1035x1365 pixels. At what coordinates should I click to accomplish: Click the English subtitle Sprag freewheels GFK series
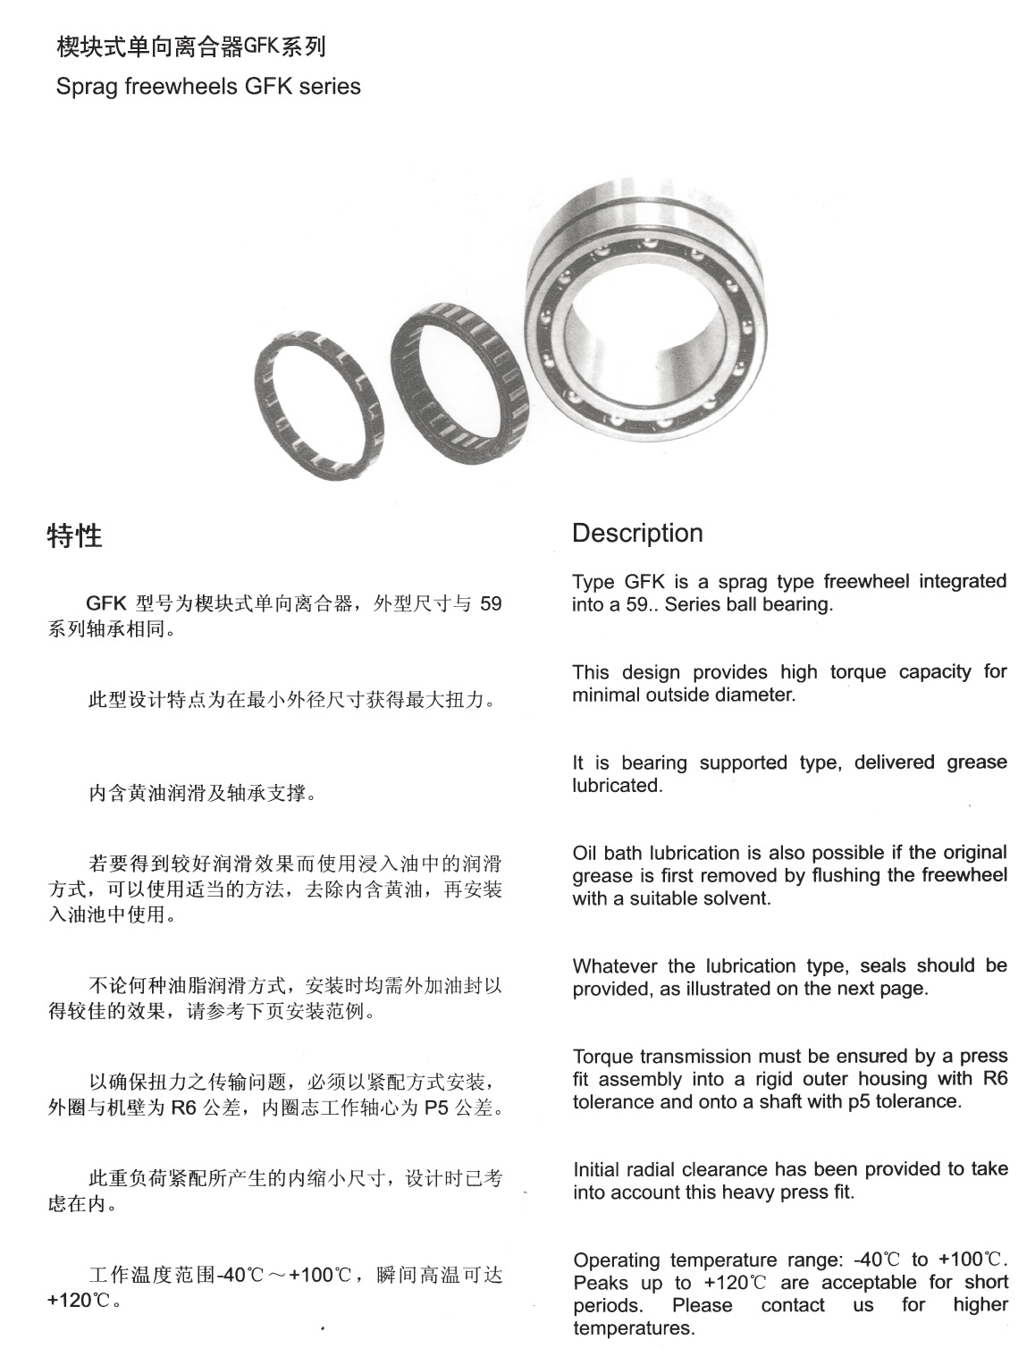pos(207,87)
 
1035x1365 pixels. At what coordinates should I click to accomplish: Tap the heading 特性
pos(74,536)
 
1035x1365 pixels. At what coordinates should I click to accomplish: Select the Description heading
pos(637,534)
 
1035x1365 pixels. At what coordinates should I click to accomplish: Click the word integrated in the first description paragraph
pos(963,582)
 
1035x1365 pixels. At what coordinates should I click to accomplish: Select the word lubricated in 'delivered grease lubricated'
pos(616,786)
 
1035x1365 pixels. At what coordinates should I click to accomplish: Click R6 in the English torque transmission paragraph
pos(995,1079)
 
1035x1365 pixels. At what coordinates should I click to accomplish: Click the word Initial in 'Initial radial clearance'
pos(595,1169)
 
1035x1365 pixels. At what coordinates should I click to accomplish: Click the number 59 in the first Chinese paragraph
pos(491,604)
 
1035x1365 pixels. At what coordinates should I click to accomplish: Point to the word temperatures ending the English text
pos(633,1328)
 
